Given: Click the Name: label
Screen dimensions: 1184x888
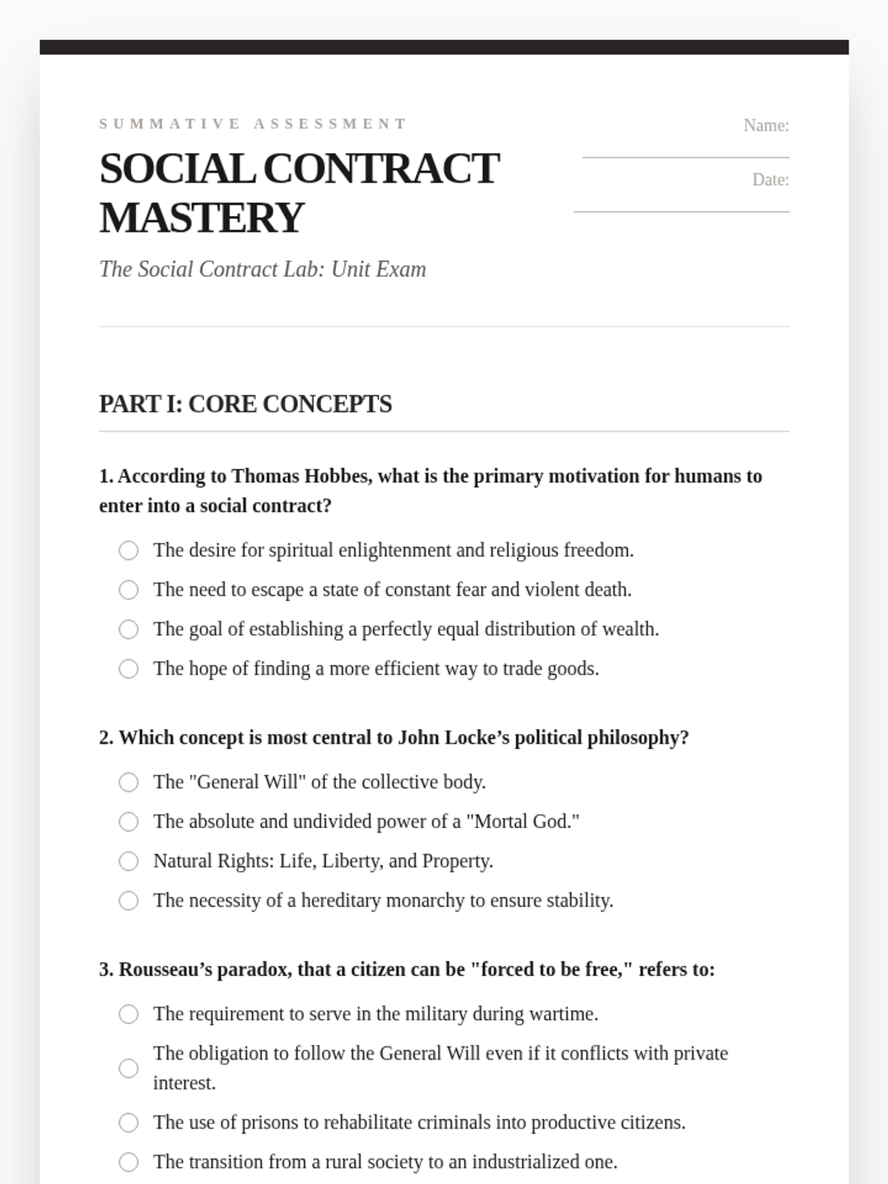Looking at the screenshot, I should tap(766, 126).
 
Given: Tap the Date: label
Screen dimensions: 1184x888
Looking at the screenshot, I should tap(770, 180).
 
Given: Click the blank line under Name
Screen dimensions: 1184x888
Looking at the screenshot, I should tap(685, 157).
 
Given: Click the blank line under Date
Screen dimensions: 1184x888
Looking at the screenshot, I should tap(682, 212).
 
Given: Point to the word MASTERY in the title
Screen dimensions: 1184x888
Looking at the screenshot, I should tap(201, 218).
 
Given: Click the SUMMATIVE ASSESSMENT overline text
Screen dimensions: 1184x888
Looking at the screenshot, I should tap(253, 124).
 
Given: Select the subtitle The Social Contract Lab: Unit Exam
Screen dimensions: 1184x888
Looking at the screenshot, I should tap(263, 269).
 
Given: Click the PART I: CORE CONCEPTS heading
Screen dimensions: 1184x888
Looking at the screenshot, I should tap(246, 404).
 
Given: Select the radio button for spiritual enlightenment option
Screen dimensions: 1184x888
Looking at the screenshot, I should tap(129, 551).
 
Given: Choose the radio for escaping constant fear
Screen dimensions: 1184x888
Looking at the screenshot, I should tap(129, 590).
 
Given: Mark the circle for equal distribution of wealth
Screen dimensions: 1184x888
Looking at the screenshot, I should tap(129, 629).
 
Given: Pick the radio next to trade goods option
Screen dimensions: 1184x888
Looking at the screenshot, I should tap(129, 669).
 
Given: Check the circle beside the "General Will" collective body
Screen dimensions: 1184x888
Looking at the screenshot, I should tap(129, 782).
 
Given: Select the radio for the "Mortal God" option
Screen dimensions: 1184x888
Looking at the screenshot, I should tap(129, 821).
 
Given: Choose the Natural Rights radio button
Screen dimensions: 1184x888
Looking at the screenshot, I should tap(129, 861).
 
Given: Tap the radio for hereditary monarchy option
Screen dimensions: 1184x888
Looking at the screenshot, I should tap(129, 901).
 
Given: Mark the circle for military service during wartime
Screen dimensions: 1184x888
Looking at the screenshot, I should tap(129, 1014).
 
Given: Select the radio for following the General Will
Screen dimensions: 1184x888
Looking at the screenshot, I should tap(129, 1069).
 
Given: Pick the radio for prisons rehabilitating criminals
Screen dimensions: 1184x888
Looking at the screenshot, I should tap(129, 1123).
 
